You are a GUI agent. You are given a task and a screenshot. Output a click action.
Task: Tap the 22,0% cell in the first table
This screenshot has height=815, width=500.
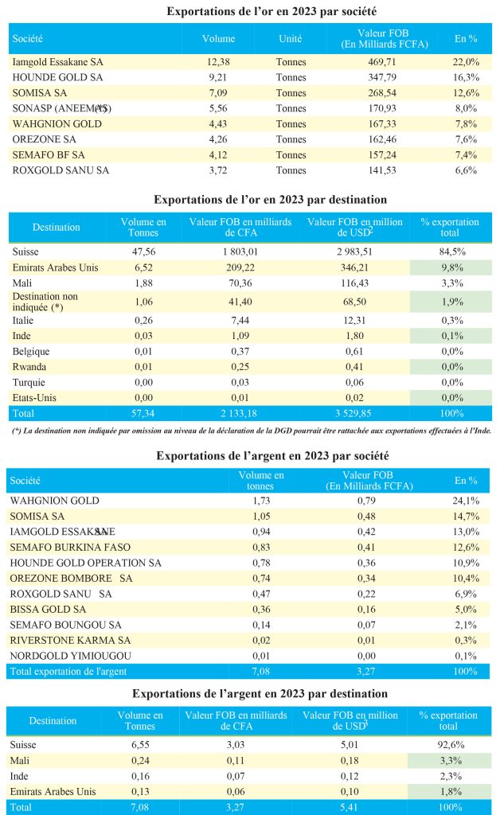tap(465, 61)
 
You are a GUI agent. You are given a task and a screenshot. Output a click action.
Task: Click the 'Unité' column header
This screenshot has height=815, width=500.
tap(290, 38)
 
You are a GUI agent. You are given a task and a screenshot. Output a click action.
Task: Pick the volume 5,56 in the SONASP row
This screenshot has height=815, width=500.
tap(218, 107)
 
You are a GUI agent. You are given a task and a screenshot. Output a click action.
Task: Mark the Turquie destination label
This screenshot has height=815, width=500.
tap(30, 382)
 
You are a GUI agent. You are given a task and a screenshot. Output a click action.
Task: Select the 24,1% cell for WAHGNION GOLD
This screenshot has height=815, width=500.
tap(465, 501)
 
